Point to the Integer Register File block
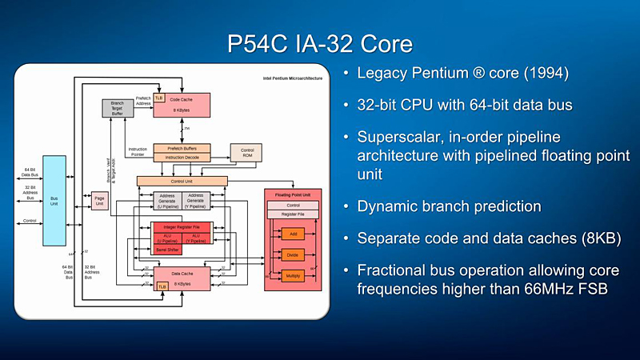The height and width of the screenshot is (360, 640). (x=181, y=228)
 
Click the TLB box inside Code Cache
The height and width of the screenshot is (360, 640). (x=159, y=98)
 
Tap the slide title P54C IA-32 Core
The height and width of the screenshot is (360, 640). (x=319, y=42)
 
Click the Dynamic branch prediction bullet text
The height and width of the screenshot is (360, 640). (x=450, y=206)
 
